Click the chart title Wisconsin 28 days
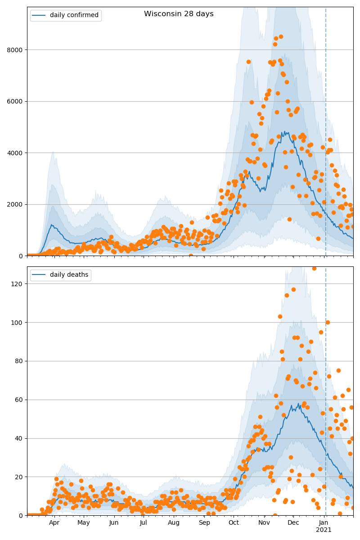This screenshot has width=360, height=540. [179, 14]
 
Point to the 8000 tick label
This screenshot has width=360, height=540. [14, 50]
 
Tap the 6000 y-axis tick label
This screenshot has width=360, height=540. [14, 101]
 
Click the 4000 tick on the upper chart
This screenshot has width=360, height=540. [14, 153]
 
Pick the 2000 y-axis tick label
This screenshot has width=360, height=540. [14, 204]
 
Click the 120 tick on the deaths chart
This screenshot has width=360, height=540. [16, 284]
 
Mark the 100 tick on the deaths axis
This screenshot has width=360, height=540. [16, 323]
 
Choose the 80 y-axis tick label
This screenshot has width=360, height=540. [18, 361]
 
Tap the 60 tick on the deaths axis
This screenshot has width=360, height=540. [18, 400]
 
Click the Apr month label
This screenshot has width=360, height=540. [54, 523]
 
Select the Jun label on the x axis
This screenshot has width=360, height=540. [114, 523]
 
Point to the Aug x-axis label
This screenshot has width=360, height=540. [174, 523]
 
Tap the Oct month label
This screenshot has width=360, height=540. [234, 523]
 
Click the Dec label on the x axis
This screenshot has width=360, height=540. [293, 523]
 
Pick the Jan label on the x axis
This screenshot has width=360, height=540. [324, 523]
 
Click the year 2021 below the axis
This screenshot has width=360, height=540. [324, 530]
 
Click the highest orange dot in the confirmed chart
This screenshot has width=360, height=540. [281, 37]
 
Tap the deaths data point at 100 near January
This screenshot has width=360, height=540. [328, 322]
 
